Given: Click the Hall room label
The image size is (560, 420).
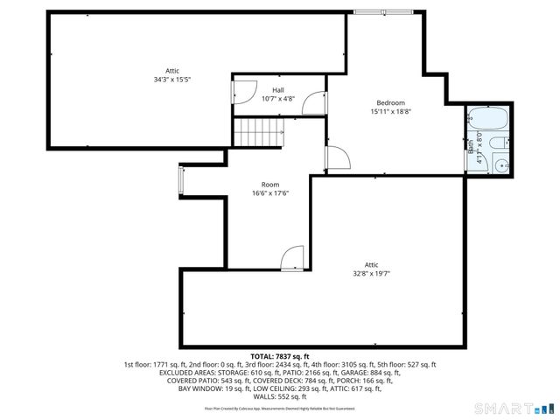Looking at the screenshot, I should [x=277, y=90].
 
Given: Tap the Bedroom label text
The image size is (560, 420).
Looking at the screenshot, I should [x=390, y=102].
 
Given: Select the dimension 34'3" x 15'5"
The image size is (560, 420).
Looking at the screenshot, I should [x=171, y=80].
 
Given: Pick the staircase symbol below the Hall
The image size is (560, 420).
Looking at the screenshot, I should [x=259, y=134].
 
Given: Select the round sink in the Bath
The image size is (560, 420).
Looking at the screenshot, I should [x=501, y=164].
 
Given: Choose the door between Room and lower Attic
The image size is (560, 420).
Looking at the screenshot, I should [x=292, y=257].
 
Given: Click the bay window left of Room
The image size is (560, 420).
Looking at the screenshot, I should [x=181, y=179].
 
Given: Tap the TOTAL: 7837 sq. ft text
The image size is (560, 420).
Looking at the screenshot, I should [x=279, y=357].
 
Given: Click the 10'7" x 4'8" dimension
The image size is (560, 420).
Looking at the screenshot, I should [x=277, y=98].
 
